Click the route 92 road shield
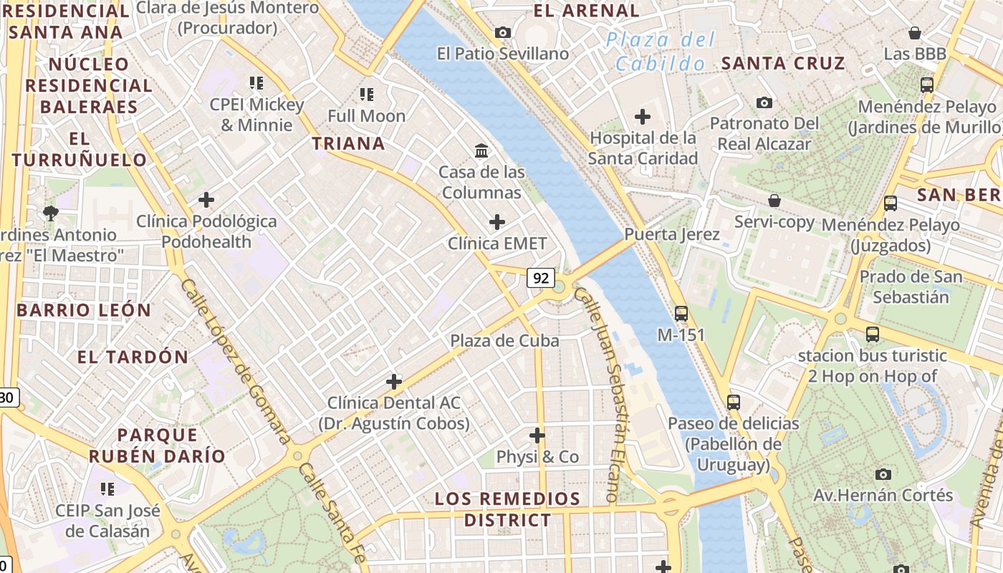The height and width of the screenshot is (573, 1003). pos(540,277)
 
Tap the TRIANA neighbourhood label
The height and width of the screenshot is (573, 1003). pos(349,143)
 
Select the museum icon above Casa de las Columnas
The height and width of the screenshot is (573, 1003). pos(481,151)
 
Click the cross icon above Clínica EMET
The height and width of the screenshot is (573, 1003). pos(496,222)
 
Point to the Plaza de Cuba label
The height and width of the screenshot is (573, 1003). pos(504,341)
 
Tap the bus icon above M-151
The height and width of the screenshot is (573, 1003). pos(681,313)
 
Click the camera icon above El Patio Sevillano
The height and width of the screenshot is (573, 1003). pos(503,32)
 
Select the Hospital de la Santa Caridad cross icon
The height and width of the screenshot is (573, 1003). pos(643,116)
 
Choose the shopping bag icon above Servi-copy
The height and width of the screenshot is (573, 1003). pos(774,201)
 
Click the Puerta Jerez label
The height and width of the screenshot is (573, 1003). pos(671,234)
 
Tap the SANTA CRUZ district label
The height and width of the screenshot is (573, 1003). pos(783,63)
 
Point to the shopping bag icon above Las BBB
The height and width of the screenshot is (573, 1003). pos(914,33)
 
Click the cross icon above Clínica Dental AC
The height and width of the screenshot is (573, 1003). pos(393,381)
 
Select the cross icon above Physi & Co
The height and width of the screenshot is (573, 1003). pos(537,435)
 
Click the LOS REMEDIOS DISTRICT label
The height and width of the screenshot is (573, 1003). pos(507,509)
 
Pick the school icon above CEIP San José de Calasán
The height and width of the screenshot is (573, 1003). pos(107,489)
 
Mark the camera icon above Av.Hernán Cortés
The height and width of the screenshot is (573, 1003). pos(883,474)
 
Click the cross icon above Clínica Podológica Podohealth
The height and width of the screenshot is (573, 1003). pos(206,200)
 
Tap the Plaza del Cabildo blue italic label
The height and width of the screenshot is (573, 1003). pos(660,51)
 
